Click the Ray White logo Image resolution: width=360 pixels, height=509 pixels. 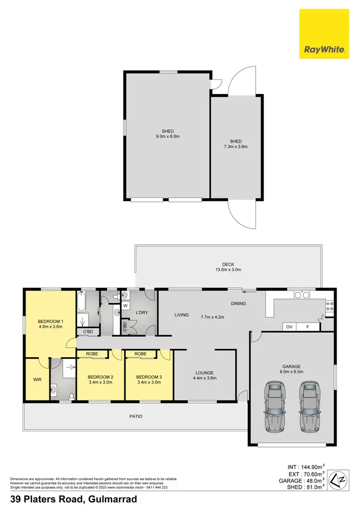pyautogui.click(x=324, y=34)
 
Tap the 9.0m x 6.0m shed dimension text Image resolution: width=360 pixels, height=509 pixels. pyautogui.click(x=168, y=136)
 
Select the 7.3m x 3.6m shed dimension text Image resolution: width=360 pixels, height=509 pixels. pyautogui.click(x=236, y=146)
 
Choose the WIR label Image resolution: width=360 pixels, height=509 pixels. pyautogui.click(x=37, y=379)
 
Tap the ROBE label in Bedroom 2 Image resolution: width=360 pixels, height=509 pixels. pyautogui.click(x=92, y=354)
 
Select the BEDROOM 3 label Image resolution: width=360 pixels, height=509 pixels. pyautogui.click(x=149, y=377)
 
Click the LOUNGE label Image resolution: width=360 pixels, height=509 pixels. pyautogui.click(x=204, y=373)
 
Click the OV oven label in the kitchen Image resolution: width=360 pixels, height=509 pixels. pyautogui.click(x=289, y=327)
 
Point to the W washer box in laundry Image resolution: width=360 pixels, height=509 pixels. pyautogui.click(x=126, y=305)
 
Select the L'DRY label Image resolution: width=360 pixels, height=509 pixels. pyautogui.click(x=142, y=313)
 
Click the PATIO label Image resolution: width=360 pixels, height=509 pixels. pyautogui.click(x=135, y=416)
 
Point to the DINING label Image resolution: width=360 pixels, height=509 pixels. pyautogui.click(x=238, y=303)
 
